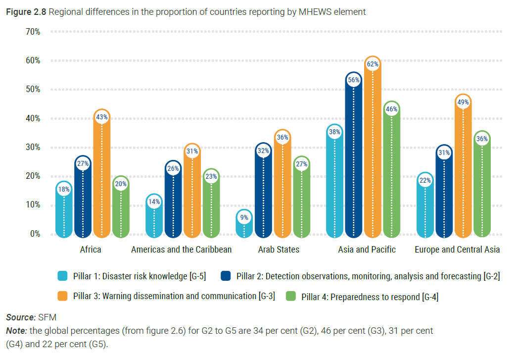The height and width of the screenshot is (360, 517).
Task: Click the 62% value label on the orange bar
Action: [373, 64]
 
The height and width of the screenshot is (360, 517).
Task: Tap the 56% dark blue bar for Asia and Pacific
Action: [354, 158]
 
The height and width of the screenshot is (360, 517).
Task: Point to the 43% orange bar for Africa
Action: [102, 178]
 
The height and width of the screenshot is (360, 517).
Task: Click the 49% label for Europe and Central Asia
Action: [464, 103]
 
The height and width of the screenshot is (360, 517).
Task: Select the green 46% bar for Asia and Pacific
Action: [391, 173]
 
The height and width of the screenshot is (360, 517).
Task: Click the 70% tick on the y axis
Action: [32, 32]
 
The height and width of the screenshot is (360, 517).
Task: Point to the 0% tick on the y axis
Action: [34, 234]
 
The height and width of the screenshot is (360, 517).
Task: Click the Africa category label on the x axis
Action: [91, 250]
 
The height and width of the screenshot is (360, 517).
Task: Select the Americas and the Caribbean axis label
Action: [181, 250]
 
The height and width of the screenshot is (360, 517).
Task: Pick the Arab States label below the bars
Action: [279, 250]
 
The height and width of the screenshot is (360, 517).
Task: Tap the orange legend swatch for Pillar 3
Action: [62, 296]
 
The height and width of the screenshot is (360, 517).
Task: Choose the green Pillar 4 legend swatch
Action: [291, 296]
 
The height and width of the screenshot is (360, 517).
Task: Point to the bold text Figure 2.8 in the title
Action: [26, 12]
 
